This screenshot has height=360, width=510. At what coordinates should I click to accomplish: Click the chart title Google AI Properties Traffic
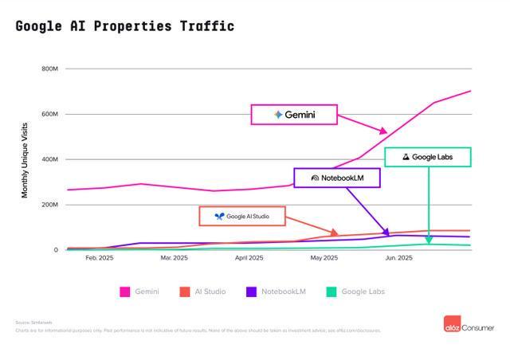124,26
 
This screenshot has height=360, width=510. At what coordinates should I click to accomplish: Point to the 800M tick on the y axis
49,68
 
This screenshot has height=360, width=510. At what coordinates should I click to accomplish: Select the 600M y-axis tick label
49,114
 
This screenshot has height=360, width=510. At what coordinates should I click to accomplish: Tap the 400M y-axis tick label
49,159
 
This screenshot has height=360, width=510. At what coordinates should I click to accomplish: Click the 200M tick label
49,205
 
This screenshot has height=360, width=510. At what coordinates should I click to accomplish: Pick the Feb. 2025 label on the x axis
100,258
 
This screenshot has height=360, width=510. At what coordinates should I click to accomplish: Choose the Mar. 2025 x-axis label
174,258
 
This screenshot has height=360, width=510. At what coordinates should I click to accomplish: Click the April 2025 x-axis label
249,258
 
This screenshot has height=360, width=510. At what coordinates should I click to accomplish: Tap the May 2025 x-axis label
324,258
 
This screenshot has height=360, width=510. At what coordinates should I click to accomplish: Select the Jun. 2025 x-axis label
398,258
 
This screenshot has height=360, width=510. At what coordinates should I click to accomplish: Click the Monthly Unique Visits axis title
24,160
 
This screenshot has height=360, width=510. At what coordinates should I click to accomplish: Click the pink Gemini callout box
294,115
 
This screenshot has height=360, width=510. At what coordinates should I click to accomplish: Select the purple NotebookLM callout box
336,178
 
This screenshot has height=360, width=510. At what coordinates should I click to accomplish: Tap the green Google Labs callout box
427,157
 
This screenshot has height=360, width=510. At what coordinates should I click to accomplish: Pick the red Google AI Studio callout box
241,216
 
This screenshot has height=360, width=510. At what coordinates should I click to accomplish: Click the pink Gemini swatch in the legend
125,292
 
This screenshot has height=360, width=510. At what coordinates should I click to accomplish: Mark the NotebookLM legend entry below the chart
276,292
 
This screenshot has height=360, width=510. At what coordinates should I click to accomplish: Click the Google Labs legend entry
355,292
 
